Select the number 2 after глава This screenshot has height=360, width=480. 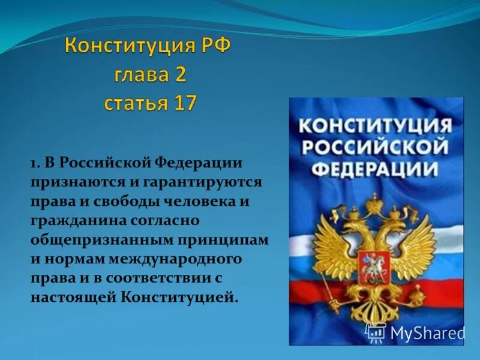(x=181, y=75)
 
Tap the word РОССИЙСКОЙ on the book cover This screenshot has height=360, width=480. (x=377, y=146)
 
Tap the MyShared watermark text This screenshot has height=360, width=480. (x=427, y=333)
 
